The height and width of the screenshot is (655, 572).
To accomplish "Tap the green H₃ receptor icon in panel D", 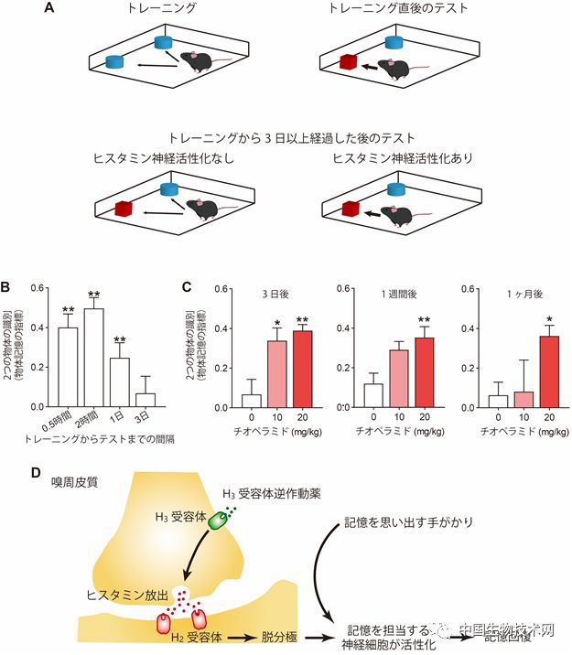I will [x=221, y=520].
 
